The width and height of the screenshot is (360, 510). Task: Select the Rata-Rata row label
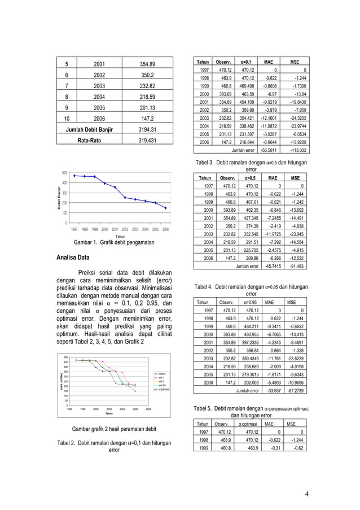pyautogui.click(x=90, y=141)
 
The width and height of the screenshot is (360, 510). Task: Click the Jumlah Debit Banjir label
pyautogui.click(x=90, y=130)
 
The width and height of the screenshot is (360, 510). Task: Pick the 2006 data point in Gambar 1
pyautogui.click(x=165, y=208)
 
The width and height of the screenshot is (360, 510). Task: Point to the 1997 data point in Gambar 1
pyautogui.click(x=74, y=176)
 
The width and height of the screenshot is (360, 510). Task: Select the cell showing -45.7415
pyautogui.click(x=267, y=267)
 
